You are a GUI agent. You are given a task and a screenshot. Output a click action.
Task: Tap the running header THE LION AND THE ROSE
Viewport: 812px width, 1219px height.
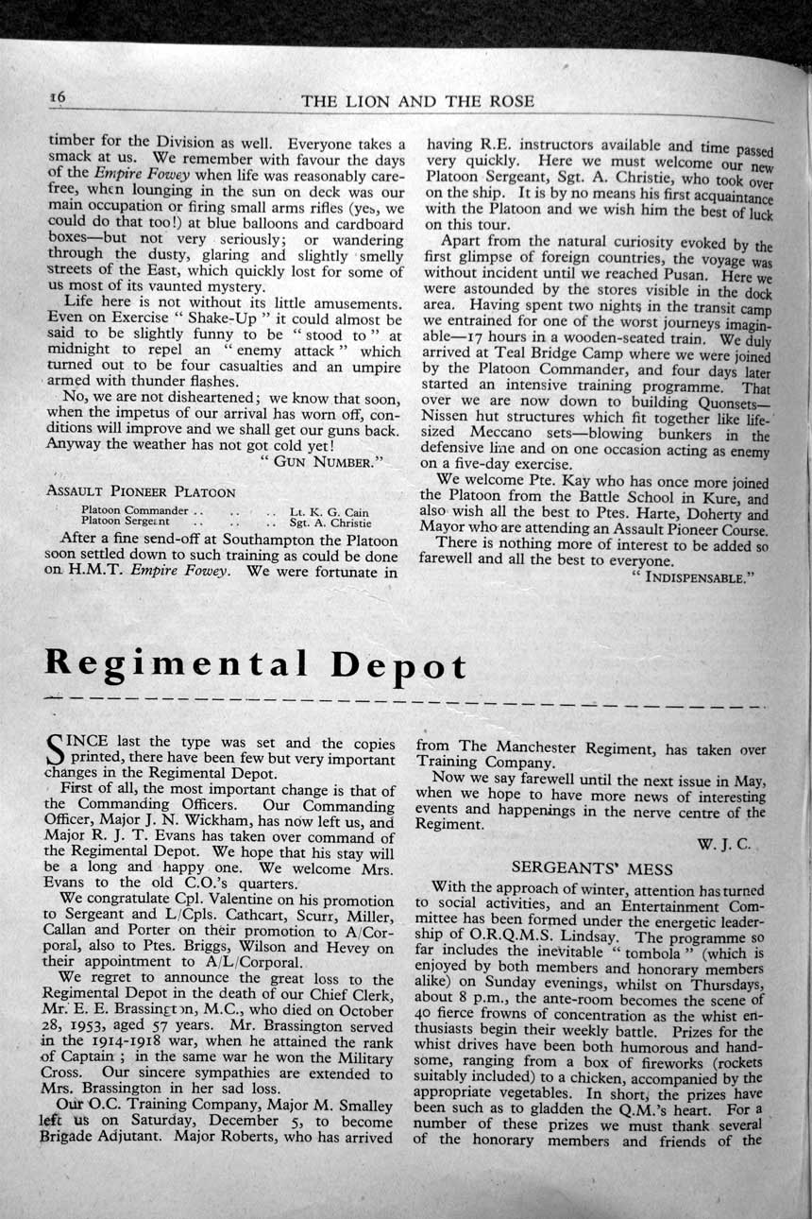pos(417,101)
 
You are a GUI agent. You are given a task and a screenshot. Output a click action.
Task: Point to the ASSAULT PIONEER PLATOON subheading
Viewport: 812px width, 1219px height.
pos(141,491)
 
